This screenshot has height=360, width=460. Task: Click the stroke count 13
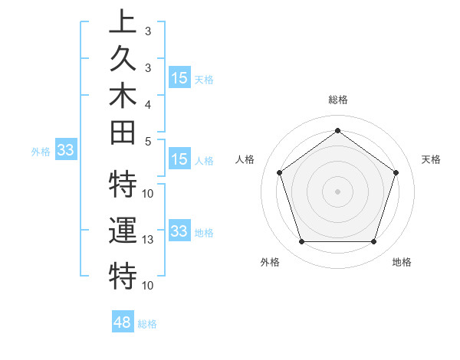point(149,240)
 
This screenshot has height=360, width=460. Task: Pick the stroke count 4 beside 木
point(148,104)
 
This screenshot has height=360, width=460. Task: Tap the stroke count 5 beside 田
point(148,141)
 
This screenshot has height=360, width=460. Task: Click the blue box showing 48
point(123,322)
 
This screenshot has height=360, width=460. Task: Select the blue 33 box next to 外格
point(65,150)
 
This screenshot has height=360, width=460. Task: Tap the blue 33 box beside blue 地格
point(179,231)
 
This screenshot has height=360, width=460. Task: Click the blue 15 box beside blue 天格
point(179,78)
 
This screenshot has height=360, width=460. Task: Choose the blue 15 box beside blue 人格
point(179,160)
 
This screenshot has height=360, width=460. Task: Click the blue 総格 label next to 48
point(147,324)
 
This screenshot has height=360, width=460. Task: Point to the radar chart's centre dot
point(337,191)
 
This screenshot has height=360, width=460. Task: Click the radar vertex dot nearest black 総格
point(337,130)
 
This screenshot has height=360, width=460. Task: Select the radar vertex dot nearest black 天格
point(396,172)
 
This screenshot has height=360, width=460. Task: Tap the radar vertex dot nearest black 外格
point(301,241)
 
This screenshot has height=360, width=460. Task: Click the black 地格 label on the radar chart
point(402,263)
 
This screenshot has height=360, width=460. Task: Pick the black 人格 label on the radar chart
point(245,159)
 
